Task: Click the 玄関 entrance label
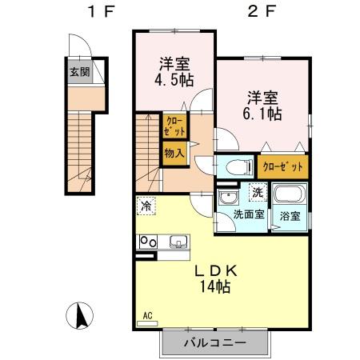click(78, 72)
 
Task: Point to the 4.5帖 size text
click(174, 80)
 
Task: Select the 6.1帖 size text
click(262, 114)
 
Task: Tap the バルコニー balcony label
click(214, 342)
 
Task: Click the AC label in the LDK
click(146, 315)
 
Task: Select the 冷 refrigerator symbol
click(146, 206)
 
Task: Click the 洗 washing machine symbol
click(257, 192)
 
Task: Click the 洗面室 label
click(248, 215)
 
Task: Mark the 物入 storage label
click(174, 152)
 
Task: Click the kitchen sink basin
click(178, 242)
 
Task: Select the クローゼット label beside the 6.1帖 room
click(282, 167)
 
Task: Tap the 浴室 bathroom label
click(290, 216)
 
